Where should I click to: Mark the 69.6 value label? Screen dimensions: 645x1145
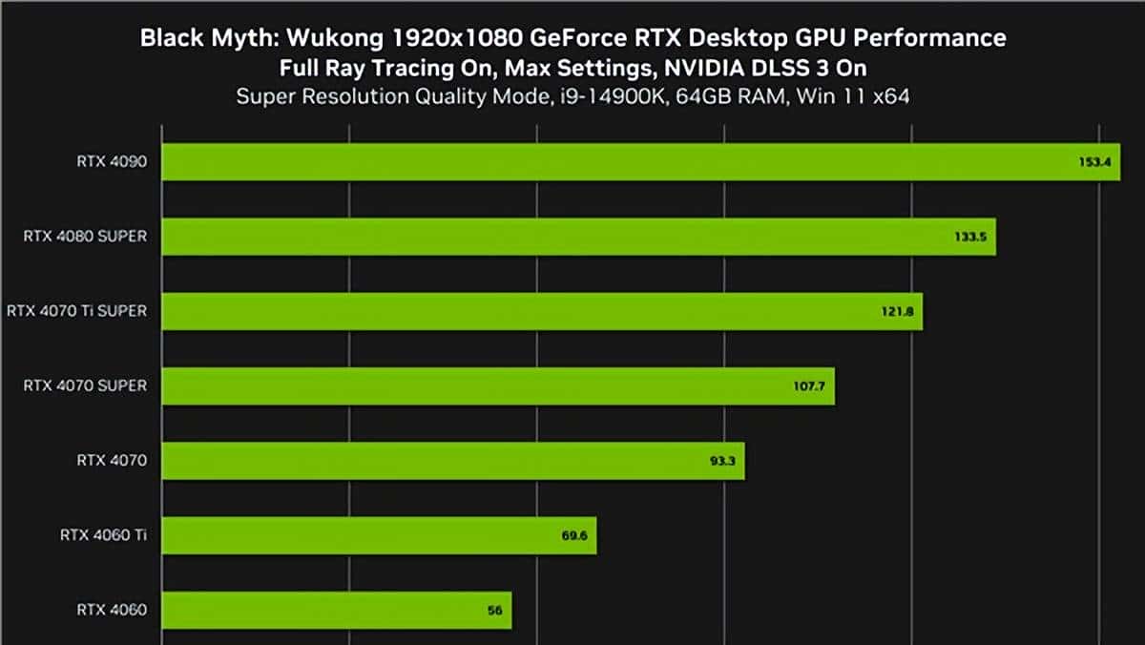coord(573,536)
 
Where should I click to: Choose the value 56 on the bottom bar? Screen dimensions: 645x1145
coord(494,611)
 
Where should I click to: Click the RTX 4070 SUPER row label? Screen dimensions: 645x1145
coord(85,385)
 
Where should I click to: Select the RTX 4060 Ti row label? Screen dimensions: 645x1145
coord(102,535)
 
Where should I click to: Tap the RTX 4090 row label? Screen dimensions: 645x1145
coord(112,161)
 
